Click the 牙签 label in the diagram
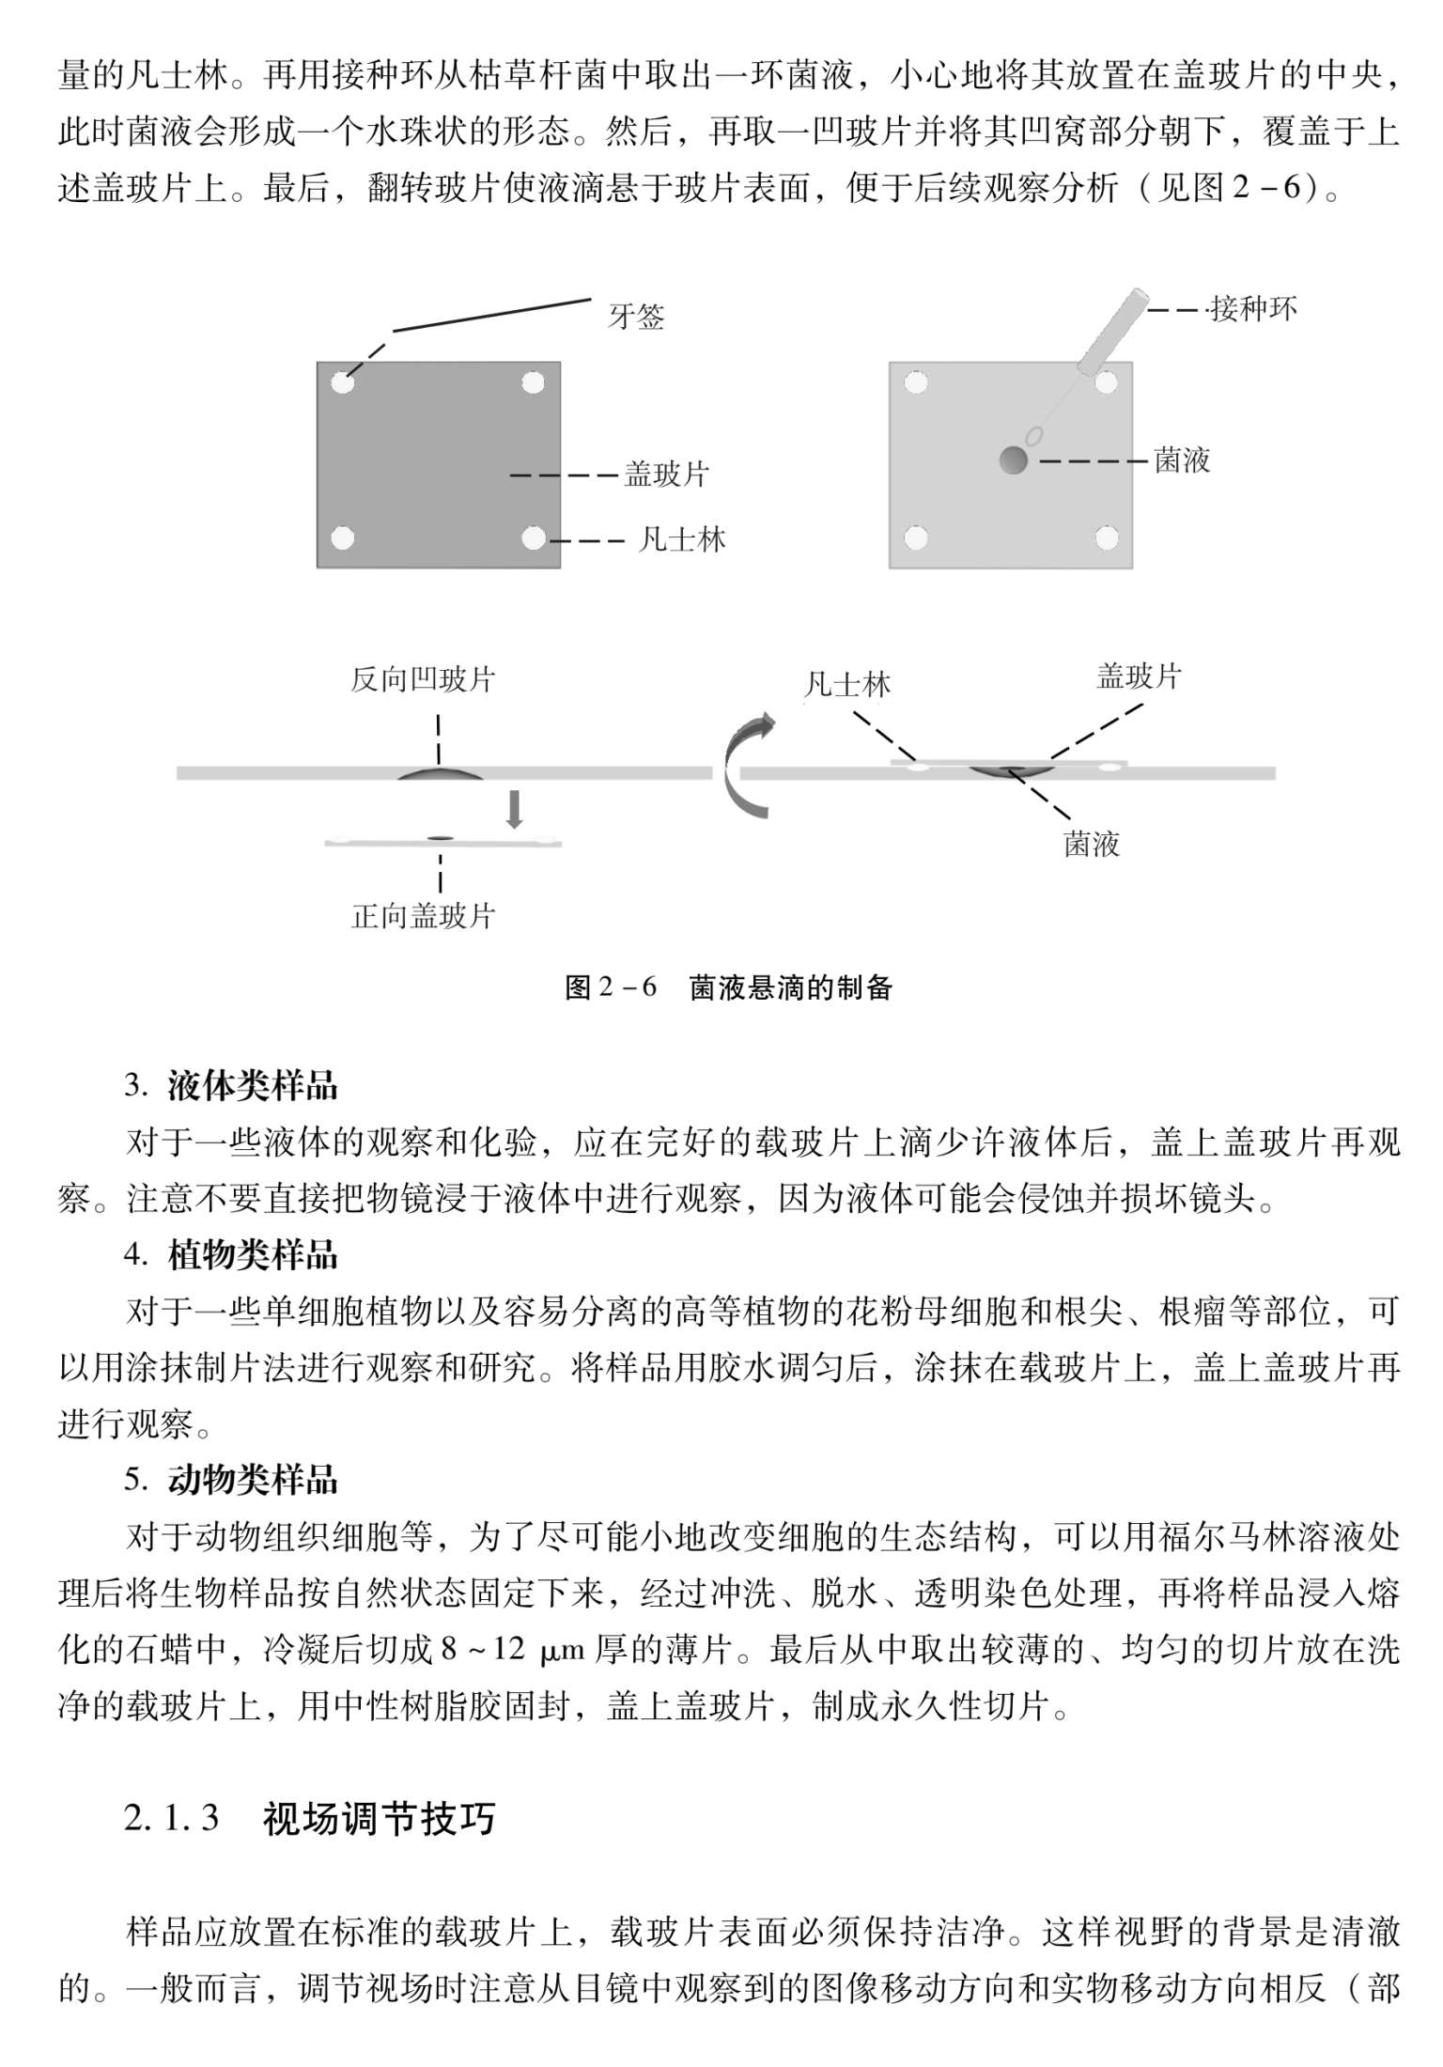[636, 317]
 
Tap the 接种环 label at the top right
[1253, 308]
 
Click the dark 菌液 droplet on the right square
[1013, 460]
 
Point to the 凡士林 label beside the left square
[682, 540]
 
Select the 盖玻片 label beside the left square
[666, 474]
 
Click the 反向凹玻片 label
[423, 679]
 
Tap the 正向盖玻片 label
[423, 916]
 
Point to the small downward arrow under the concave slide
[514, 809]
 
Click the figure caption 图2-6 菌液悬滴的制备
[728, 987]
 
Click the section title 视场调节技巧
[379, 1819]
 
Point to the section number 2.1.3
[171, 1819]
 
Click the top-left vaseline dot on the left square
[342, 383]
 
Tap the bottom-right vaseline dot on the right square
[1106, 538]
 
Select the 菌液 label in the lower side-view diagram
[1092, 845]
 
